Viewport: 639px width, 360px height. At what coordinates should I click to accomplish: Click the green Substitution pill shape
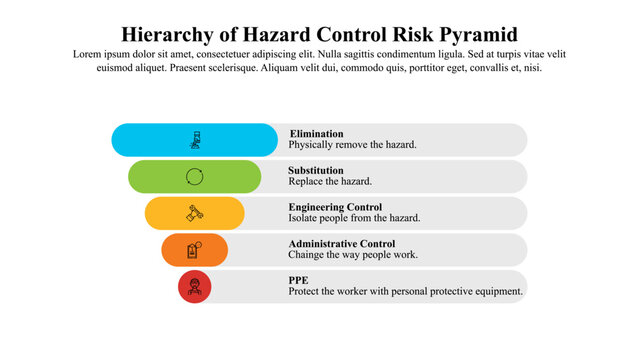(160, 177)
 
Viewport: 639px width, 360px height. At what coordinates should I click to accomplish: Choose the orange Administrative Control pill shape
(175, 250)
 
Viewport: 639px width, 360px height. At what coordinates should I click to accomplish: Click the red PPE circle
(195, 287)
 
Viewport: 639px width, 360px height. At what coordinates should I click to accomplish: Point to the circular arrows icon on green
(195, 177)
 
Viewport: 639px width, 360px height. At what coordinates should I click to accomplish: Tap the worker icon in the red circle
(195, 287)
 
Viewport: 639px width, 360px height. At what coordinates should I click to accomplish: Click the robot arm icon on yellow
(195, 213)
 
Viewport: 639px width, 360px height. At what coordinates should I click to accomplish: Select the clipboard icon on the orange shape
(195, 250)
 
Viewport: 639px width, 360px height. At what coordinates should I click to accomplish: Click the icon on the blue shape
(195, 140)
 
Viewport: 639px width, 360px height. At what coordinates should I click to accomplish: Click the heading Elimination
(316, 133)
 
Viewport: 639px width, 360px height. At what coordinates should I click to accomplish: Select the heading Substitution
(316, 170)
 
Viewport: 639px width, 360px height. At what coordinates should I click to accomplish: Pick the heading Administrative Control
(342, 243)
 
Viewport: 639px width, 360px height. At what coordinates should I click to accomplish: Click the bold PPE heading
(298, 280)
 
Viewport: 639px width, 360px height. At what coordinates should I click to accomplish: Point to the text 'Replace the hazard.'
(330, 182)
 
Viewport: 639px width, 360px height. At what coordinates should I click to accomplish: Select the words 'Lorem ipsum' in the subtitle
(100, 54)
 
